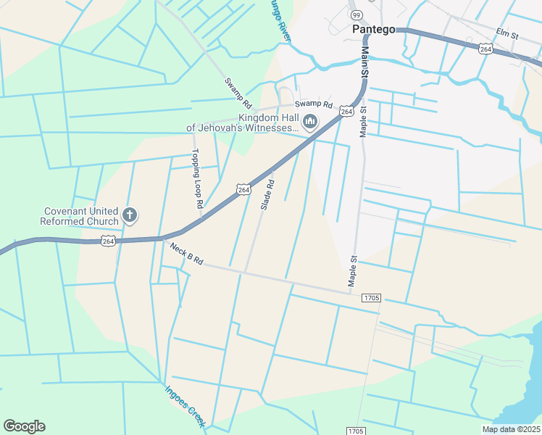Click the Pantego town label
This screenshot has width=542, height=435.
pyautogui.click(x=375, y=30)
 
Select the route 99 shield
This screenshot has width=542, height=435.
pyautogui.click(x=356, y=14)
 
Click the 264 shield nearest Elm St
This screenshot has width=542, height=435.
pyautogui.click(x=485, y=48)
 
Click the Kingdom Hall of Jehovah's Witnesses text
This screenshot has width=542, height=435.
pyautogui.click(x=243, y=123)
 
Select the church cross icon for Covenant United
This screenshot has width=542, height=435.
pyautogui.click(x=130, y=215)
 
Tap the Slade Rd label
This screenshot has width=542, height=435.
pyautogui.click(x=267, y=195)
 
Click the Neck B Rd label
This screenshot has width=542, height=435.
pyautogui.click(x=186, y=254)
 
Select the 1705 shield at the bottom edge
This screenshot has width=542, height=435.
pyautogui.click(x=355, y=431)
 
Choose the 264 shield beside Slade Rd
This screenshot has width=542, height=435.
pyautogui.click(x=243, y=189)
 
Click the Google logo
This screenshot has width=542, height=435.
pyautogui.click(x=24, y=426)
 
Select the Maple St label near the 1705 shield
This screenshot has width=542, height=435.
pyautogui.click(x=353, y=270)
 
